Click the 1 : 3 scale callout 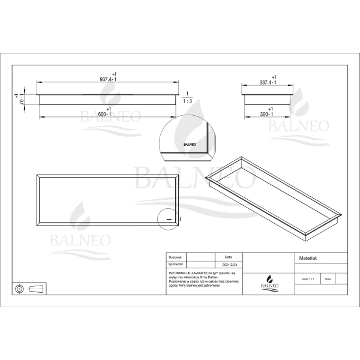coord(187,101)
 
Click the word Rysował coord(176,256)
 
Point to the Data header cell coord(228,256)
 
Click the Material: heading coord(308,258)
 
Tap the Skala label coord(328,279)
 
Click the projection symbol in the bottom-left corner coord(31,289)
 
